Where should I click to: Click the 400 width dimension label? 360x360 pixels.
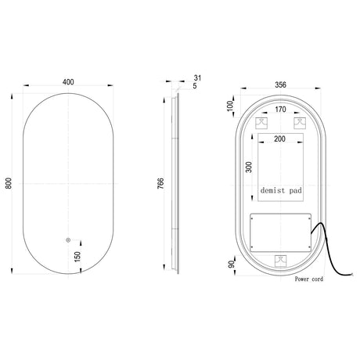pos(68,82)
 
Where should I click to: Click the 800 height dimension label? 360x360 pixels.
pos(9,183)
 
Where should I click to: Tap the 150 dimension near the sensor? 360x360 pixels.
pos(77,257)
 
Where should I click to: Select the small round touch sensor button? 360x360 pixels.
pos(68,240)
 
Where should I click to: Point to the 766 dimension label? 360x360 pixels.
pos(160,183)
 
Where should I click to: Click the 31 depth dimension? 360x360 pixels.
pos(198,77)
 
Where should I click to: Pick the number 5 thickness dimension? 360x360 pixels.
pos(195,86)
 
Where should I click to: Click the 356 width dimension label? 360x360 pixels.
pos(280,85)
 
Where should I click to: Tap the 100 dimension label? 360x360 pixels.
pos(230,106)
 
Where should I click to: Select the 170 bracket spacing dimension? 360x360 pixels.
pos(280,110)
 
